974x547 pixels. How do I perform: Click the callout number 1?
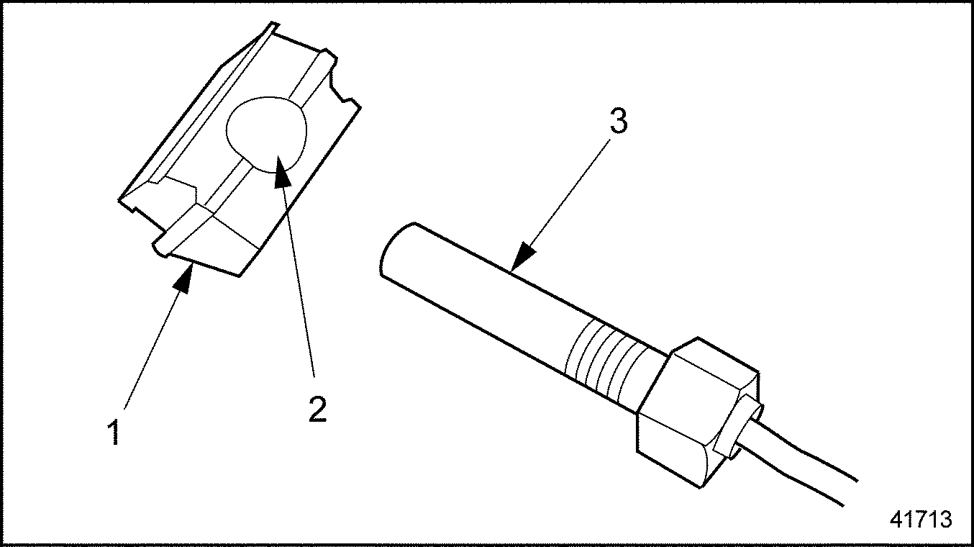pos(114,432)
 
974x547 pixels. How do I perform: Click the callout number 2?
pos(317,409)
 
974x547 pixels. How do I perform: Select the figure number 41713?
pos(920,519)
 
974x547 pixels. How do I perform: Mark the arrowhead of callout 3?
pos(523,257)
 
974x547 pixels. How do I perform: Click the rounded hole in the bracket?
pos(266,135)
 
